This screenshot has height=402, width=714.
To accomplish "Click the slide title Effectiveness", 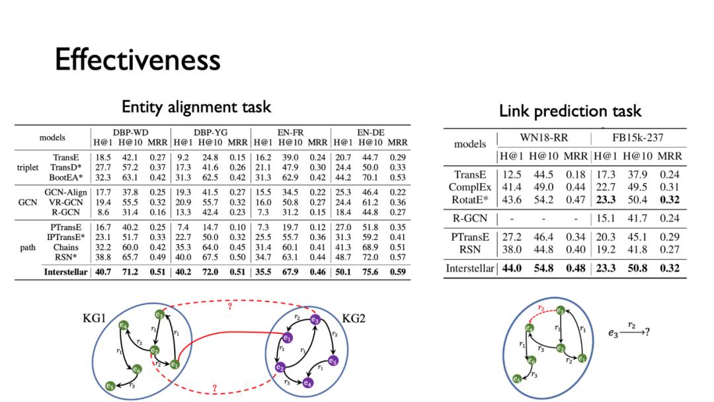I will pos(138,61).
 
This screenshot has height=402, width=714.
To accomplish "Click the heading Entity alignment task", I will pos(196,106).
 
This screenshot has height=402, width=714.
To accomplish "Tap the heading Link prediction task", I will pos(570,111).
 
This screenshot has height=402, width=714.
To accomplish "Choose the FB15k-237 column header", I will pos(638,138).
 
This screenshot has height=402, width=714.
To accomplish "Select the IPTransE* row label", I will pos(65,237).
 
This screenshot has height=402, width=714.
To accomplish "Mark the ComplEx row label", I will pos(469,187).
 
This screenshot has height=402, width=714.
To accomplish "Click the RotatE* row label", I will pos(469,200).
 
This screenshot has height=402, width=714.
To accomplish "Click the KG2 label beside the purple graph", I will pos(354,318).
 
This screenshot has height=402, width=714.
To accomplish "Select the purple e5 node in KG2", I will pos(333,361).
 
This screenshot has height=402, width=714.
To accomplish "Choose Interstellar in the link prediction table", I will pos(470,268).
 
